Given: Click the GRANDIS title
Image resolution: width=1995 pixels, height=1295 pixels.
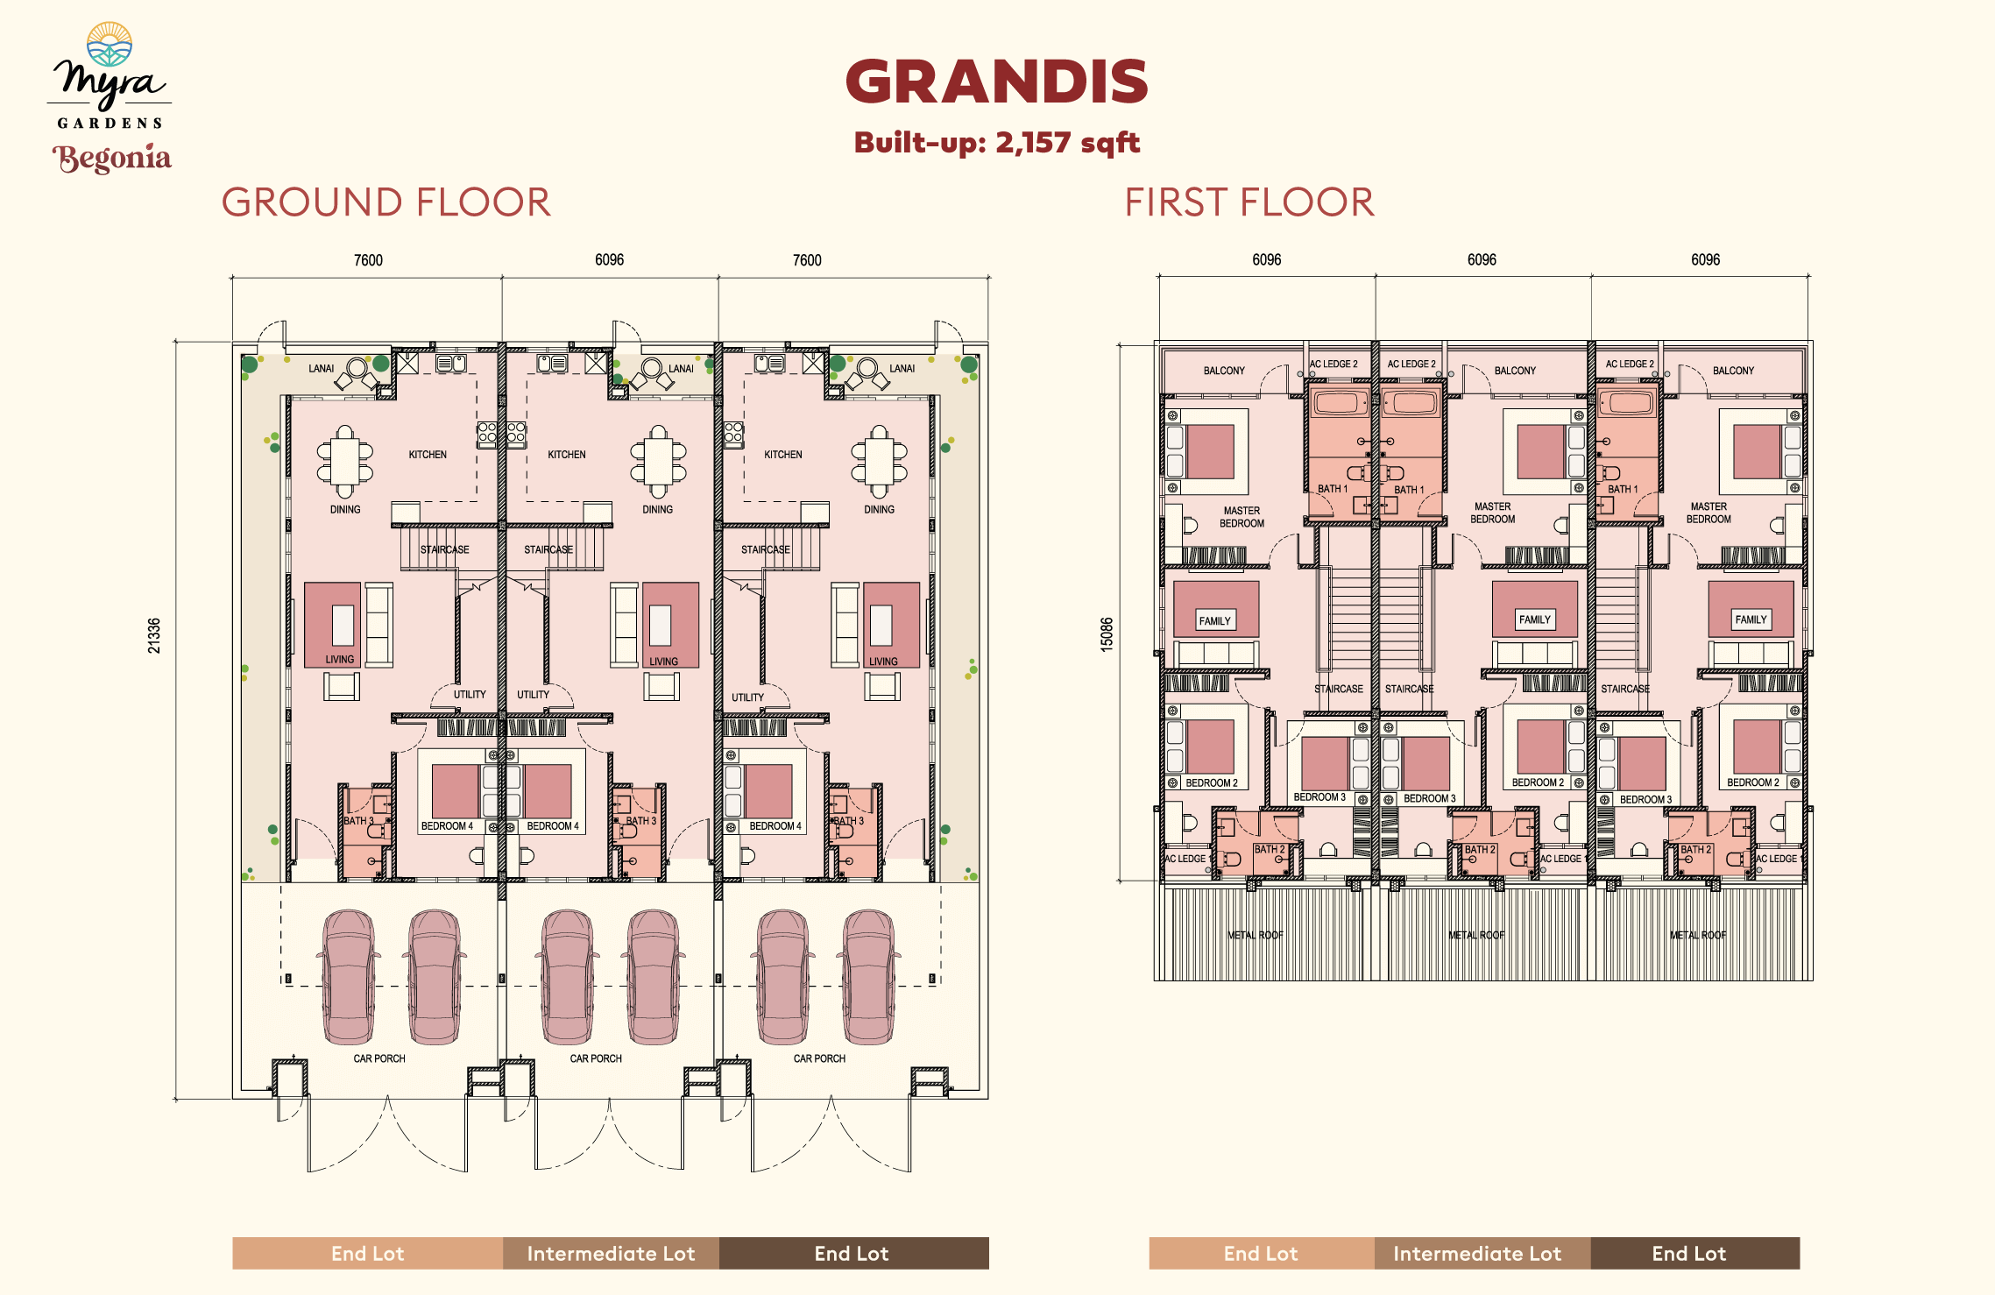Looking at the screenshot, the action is (x=997, y=81).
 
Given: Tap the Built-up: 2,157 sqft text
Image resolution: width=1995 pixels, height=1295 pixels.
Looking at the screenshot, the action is (x=997, y=142).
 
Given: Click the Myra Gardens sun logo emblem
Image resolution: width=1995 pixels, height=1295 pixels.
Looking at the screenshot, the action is (x=110, y=45).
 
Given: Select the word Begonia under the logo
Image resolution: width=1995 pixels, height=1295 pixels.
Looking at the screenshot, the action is (x=112, y=158).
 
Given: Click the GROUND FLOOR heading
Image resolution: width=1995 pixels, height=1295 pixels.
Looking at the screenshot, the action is (x=386, y=202).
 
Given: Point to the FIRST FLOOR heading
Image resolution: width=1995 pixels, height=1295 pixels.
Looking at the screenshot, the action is (x=1249, y=202).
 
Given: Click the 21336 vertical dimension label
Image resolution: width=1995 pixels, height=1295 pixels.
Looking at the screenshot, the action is (x=154, y=635).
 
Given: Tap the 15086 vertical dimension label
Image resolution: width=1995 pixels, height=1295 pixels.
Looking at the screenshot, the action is (x=1107, y=634).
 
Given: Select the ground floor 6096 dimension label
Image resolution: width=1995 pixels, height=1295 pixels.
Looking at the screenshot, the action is (x=610, y=259).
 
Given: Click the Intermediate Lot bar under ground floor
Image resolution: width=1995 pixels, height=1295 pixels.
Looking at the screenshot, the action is (x=611, y=1253).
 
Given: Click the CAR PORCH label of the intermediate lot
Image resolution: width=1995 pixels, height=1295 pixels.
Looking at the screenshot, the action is (x=596, y=1058).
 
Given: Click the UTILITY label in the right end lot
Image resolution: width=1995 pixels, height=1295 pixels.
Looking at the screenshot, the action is (x=747, y=697).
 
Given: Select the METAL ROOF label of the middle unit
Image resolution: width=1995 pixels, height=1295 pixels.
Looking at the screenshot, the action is (x=1477, y=935).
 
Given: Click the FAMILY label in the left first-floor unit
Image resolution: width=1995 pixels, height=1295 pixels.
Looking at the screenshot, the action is (x=1215, y=621).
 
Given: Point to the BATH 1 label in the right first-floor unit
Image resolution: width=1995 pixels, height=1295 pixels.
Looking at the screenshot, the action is (x=1623, y=489).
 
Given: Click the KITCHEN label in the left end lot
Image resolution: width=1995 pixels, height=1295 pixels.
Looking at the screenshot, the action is (x=428, y=455).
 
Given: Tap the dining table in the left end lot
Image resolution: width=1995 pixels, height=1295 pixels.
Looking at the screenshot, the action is (x=345, y=461).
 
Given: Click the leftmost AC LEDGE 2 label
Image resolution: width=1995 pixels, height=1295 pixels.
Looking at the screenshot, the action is (x=1334, y=364).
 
